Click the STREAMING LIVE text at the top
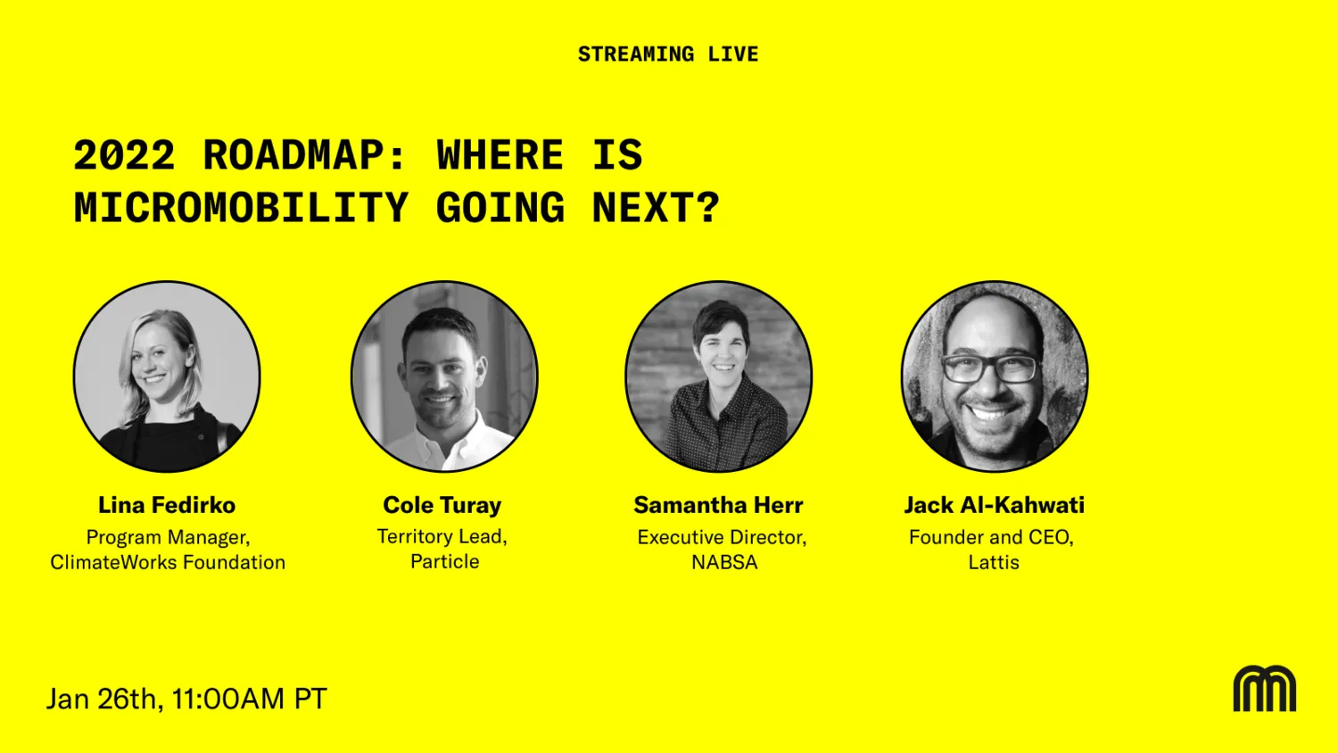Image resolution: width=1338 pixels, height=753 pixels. pos(668,54)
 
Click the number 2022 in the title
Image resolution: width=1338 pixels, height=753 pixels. pos(124,154)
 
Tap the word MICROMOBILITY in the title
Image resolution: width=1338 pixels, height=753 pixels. pos(242,207)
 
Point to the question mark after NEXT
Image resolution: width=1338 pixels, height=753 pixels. pos(708,207)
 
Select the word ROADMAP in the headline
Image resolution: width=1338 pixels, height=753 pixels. pos(305,154)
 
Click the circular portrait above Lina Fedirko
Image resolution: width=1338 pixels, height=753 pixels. pos(167,376)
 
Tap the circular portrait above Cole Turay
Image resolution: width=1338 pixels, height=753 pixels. pos(444,376)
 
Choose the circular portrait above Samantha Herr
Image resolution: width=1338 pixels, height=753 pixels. pos(719,376)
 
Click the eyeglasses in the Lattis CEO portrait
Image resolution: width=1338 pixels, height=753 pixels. pos(992,368)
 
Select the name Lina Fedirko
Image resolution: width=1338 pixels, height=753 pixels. pos(167,505)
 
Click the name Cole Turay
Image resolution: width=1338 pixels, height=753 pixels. pos(442,505)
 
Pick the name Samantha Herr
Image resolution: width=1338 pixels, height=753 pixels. pos(719,505)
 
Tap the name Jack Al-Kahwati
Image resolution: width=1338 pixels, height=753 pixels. pos(995,505)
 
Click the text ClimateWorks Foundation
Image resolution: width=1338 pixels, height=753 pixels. pos(168,562)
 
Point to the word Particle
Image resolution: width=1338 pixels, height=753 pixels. pos(445,562)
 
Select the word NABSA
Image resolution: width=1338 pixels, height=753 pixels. pos(724,562)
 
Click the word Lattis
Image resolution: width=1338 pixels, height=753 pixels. pos(994,562)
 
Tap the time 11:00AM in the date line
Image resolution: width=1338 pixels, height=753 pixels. pos(228,699)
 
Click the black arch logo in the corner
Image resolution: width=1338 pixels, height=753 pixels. pos(1265,689)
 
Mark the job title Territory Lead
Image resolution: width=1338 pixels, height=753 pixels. pos(442,537)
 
